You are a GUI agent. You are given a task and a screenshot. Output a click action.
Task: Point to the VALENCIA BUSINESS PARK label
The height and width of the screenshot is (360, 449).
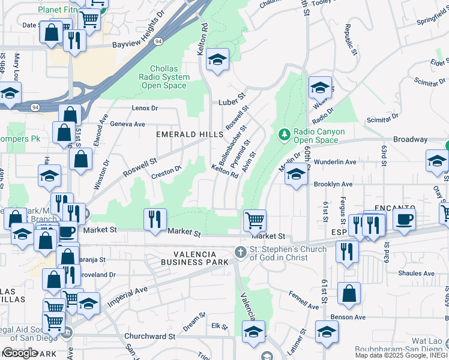point(195,257)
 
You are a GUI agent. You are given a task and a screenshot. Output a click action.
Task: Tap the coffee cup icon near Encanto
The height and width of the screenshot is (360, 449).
point(404,219)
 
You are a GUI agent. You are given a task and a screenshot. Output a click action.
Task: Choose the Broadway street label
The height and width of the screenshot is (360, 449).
point(411,139)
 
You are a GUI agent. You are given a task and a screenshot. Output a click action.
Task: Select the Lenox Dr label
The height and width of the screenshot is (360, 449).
point(145,109)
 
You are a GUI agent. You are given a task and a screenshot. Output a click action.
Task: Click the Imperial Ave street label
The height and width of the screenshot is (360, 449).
point(128,297)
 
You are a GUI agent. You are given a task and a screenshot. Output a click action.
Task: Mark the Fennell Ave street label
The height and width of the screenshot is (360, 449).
point(303,298)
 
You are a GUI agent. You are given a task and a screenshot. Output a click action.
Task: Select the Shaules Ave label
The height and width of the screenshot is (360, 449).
point(416,273)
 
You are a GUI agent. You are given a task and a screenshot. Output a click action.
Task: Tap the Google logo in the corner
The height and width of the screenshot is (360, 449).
point(20,353)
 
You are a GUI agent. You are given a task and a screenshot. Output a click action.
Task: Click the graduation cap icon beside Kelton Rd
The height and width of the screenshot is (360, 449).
point(217,60)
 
